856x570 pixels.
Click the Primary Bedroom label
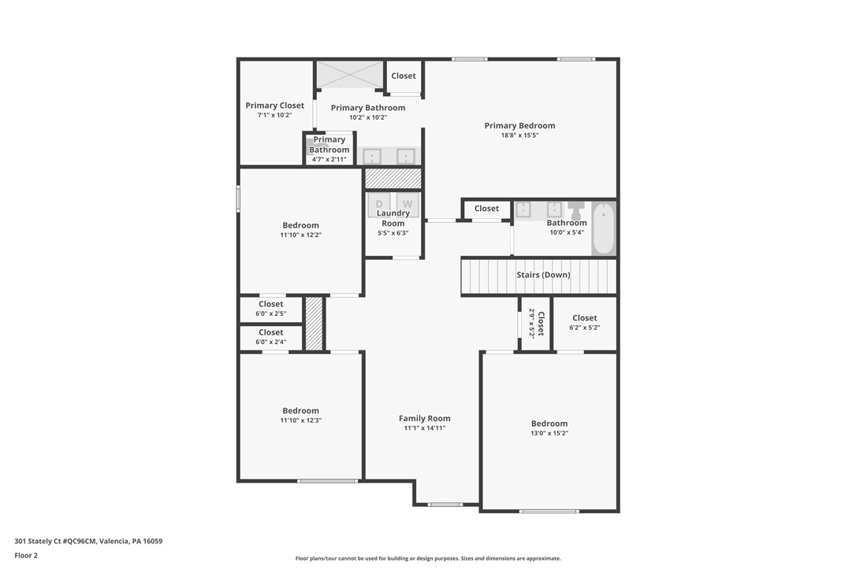click(x=519, y=125)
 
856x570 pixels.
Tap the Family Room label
click(x=424, y=419)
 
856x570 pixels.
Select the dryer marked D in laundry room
click(x=379, y=204)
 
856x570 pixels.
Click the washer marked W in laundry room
click(x=408, y=204)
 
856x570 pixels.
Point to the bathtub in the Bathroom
click(x=603, y=228)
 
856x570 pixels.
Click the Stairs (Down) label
click(x=543, y=275)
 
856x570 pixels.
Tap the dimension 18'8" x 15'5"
click(x=519, y=135)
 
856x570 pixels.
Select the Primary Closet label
click(x=274, y=105)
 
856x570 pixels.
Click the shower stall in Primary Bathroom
click(x=349, y=75)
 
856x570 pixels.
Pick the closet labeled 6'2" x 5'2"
click(x=585, y=323)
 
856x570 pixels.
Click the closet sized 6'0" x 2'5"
click(x=270, y=309)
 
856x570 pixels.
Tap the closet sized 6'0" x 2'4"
click(x=270, y=337)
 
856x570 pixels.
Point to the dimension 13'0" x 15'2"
click(x=549, y=434)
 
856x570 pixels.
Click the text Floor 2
click(x=25, y=555)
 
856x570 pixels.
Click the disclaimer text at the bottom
click(x=428, y=558)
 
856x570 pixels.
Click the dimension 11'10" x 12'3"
click(x=300, y=420)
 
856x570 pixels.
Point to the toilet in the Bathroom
click(x=575, y=212)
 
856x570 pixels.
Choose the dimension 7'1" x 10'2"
click(x=274, y=115)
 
